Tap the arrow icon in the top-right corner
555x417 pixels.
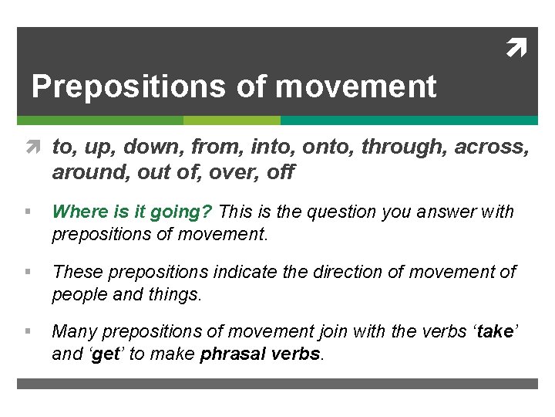click(516, 50)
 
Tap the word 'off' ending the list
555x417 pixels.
click(280, 172)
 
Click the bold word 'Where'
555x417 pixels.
click(77, 212)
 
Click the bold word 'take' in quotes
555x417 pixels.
click(494, 332)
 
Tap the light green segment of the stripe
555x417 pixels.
click(231, 120)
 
